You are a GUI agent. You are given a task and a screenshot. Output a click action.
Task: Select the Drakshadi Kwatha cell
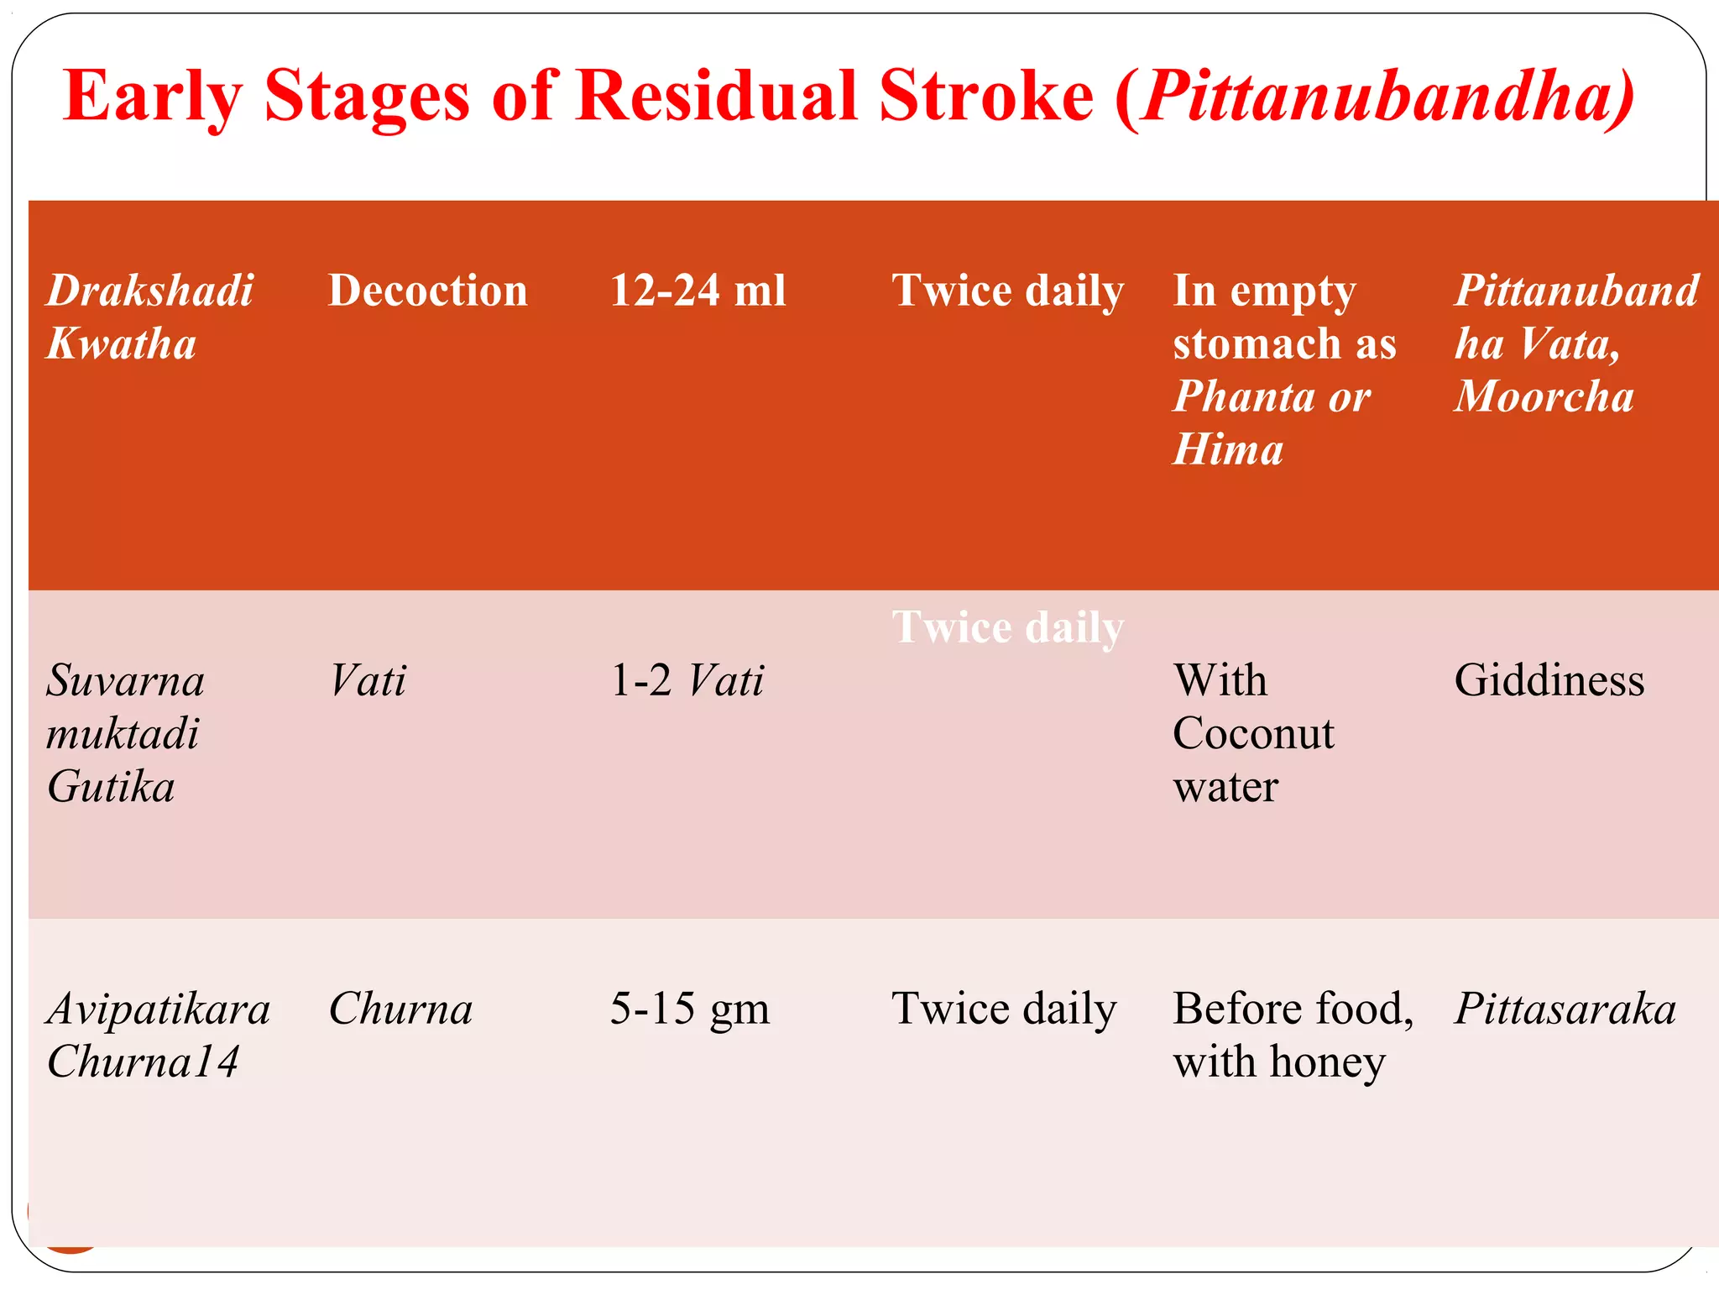point(149,317)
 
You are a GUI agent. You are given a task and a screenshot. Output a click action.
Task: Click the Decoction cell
point(427,291)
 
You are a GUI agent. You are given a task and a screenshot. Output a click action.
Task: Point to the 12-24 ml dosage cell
point(698,291)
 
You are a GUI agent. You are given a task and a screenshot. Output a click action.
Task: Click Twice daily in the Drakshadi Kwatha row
point(1007,291)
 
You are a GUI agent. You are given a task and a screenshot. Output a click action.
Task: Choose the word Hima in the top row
point(1228,449)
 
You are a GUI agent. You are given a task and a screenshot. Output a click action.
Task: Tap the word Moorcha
point(1544,396)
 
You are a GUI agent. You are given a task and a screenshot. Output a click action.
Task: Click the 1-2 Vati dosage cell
point(687,680)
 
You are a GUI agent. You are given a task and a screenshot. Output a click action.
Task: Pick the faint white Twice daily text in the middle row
point(1007,627)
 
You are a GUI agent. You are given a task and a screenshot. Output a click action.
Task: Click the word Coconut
point(1253,733)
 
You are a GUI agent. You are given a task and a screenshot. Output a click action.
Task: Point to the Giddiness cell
point(1549,680)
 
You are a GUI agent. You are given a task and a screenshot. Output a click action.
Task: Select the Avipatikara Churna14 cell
point(158,1035)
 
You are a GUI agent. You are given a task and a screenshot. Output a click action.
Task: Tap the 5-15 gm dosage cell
point(689,1009)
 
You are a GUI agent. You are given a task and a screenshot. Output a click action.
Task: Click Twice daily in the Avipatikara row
point(1004,1009)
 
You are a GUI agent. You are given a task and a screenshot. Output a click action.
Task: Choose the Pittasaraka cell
point(1565,1009)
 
